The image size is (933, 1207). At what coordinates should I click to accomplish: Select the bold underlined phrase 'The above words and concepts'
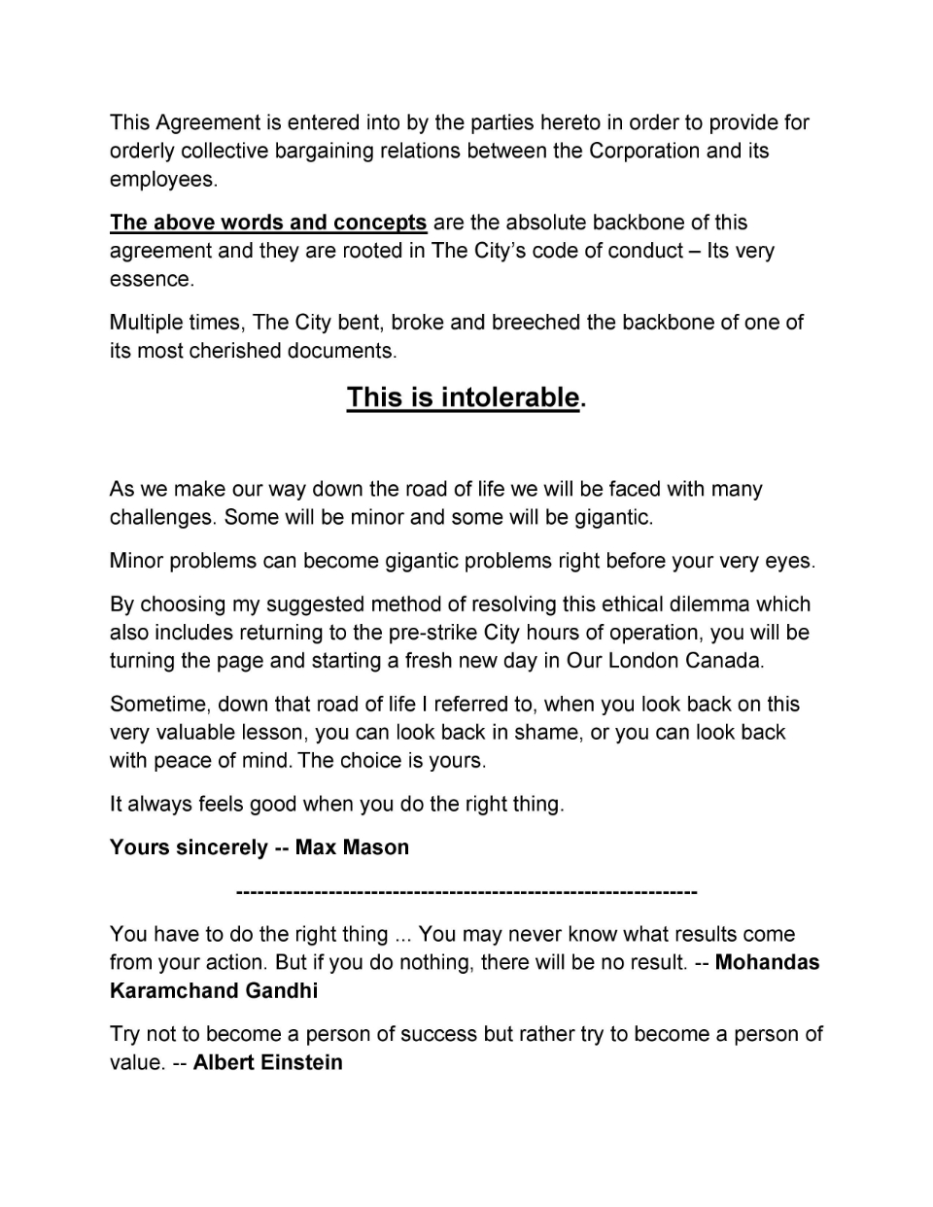pos(268,223)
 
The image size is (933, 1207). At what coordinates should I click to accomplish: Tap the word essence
pos(151,280)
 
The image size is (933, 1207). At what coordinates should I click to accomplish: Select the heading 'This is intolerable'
pos(463,397)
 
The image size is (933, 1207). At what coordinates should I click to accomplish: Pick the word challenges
pos(161,517)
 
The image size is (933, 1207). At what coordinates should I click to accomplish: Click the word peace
pos(185,761)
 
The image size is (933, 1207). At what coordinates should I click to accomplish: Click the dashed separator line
pos(466,891)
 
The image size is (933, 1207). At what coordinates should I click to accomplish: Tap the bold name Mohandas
pos(767,963)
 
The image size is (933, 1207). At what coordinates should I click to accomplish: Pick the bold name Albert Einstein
pos(267,1063)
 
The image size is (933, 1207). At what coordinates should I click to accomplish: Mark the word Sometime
pos(157,705)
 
